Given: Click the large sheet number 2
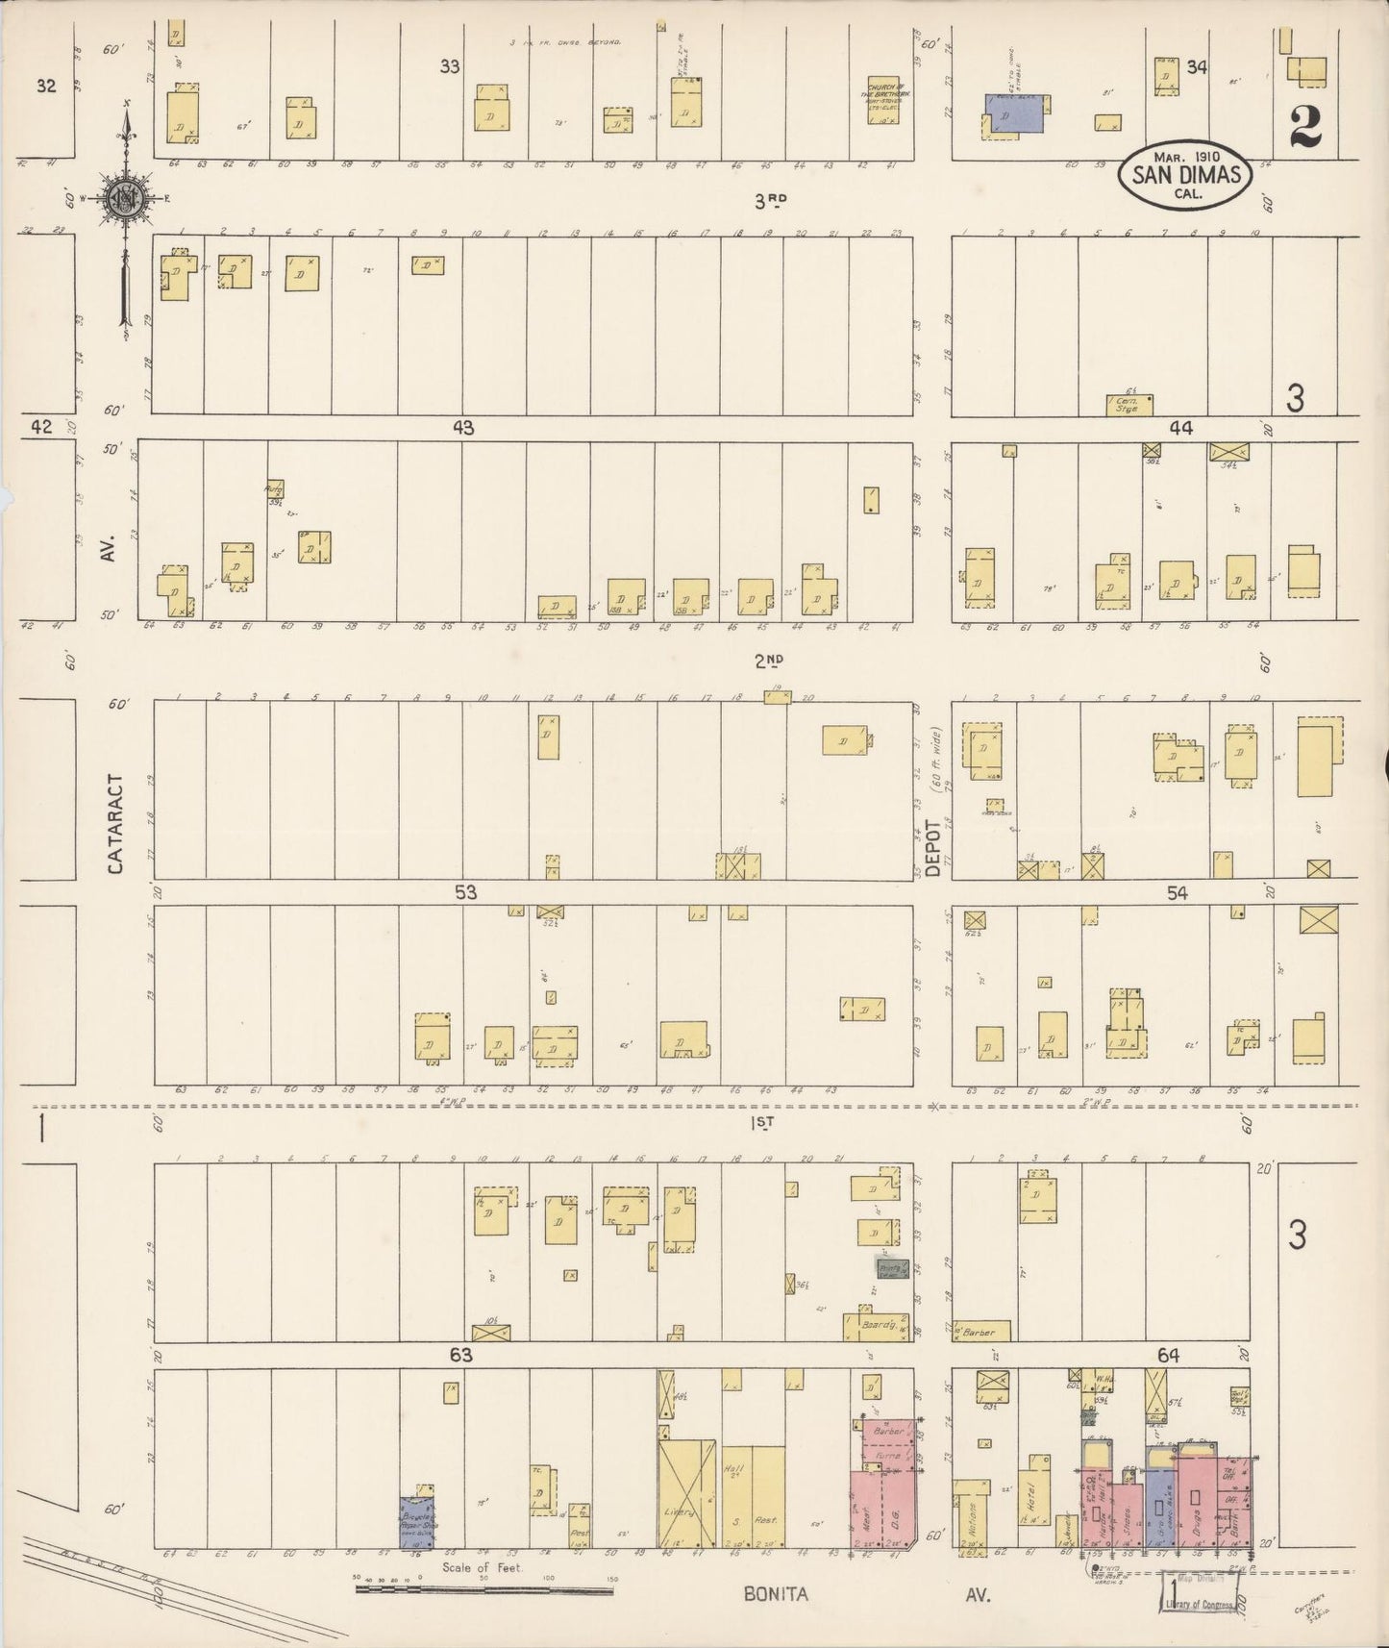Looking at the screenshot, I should [x=1305, y=125].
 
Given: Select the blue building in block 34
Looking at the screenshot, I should [x=1015, y=113].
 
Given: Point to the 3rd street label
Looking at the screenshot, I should [x=769, y=200].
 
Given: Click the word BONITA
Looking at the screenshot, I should [x=776, y=1594].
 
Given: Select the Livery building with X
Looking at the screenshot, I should [x=686, y=1506].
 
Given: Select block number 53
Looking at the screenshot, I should [x=465, y=892].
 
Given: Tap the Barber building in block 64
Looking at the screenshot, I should [x=980, y=1332].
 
